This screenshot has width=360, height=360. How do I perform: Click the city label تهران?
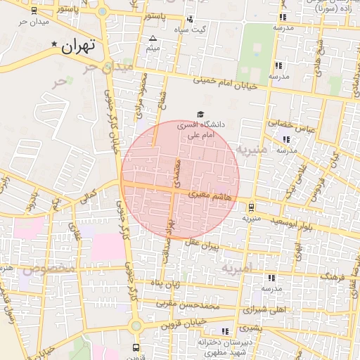click(x=78, y=47)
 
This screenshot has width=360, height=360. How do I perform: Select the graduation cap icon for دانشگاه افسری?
click(x=200, y=113)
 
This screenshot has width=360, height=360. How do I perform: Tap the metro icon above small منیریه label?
click(x=251, y=207)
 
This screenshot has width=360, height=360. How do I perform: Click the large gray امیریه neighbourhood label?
click(x=236, y=268)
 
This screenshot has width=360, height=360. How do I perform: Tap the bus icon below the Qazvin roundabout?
click(x=136, y=347)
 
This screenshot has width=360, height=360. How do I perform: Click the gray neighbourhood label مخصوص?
click(x=49, y=269)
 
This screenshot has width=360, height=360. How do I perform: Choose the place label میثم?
click(x=153, y=49)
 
